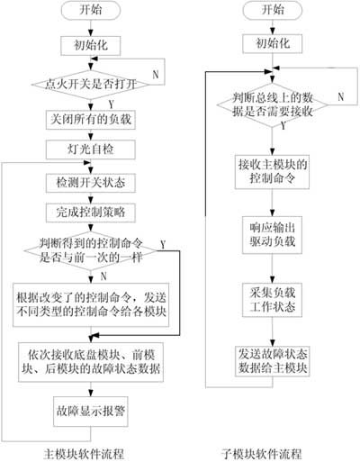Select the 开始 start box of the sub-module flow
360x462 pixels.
point(271,11)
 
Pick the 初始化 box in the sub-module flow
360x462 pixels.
point(271,43)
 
